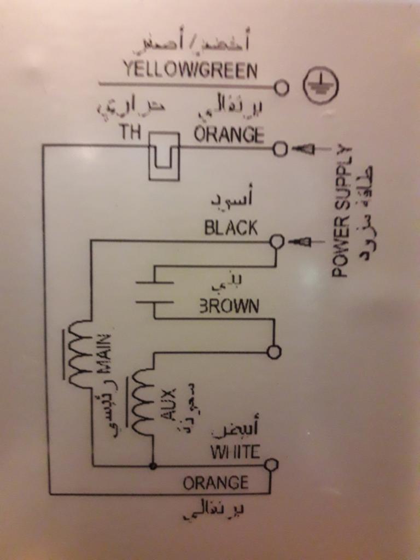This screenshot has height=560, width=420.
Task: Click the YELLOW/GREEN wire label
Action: coord(190,70)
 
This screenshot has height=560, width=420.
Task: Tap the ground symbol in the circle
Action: coord(320,86)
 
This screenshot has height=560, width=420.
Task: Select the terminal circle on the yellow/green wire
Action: coord(281,87)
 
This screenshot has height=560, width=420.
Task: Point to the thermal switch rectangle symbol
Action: coord(164,156)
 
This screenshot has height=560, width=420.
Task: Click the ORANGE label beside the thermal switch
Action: coord(229,134)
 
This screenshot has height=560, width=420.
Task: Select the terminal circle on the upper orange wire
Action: coord(279,148)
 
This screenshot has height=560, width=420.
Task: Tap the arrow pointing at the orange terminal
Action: coord(304,149)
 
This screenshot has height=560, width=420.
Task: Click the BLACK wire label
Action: coord(231,227)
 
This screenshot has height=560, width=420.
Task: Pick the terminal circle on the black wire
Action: coord(277,241)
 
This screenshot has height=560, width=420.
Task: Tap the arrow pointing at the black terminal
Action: coord(300,241)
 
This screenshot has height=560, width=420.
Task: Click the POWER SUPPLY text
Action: coord(341,211)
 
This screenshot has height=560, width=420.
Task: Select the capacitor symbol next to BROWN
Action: coord(155,292)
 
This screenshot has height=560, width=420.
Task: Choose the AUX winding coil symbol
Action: coord(142,402)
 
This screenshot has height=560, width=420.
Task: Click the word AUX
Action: coord(168,405)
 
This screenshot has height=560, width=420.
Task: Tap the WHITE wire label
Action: coord(235,452)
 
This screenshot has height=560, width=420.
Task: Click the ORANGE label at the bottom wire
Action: coord(215,483)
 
